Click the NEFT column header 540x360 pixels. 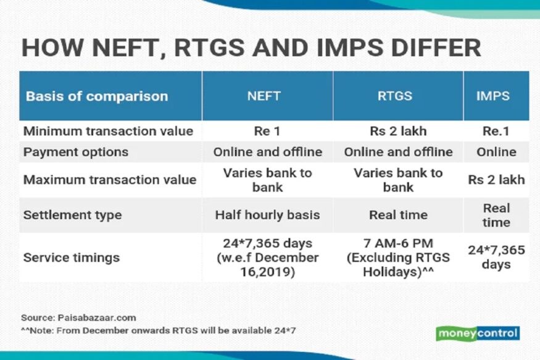[267, 96]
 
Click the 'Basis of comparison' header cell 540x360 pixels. [97, 96]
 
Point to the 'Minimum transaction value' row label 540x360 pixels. [108, 131]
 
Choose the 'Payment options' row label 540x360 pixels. [76, 152]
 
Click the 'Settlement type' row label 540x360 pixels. [72, 216]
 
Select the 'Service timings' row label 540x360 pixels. [72, 257]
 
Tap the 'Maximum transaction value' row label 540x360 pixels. [110, 180]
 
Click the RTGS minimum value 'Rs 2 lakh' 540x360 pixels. [398, 131]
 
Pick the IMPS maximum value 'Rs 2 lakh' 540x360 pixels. [496, 180]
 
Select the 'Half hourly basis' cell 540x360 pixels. [267, 216]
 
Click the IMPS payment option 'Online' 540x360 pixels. [496, 152]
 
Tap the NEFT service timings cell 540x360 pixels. [267, 257]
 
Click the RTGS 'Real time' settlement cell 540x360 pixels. [398, 216]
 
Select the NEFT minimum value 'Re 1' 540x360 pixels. [267, 131]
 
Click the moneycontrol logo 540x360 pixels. [478, 333]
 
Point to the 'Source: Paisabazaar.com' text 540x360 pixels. [78, 317]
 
